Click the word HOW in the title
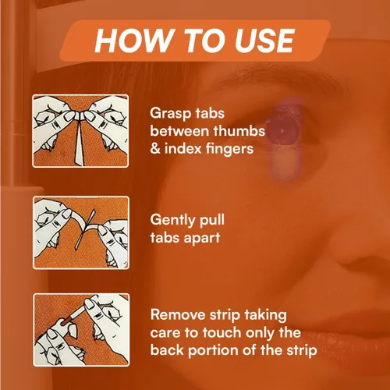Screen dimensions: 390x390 point(134,41)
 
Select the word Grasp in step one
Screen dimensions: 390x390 point(170,114)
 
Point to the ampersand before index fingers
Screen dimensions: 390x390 point(155,149)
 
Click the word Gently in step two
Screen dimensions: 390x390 point(172,221)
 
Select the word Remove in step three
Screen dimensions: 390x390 point(178,315)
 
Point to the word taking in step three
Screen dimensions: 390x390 point(265,316)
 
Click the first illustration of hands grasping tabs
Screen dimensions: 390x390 point(80,131)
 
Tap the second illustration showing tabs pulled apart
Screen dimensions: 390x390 point(81,232)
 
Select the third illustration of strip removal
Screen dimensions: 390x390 point(81,330)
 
